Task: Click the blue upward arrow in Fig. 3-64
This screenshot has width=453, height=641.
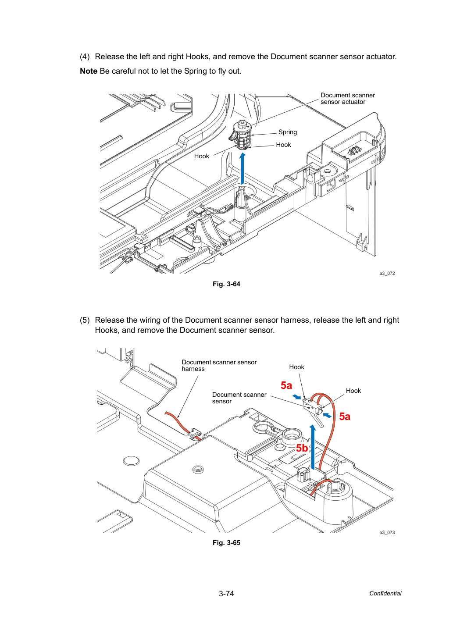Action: [x=243, y=169]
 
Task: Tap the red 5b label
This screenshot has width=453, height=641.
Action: [x=302, y=448]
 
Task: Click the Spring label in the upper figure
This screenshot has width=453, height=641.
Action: [x=288, y=132]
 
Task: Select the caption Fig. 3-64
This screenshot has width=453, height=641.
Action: [x=226, y=284]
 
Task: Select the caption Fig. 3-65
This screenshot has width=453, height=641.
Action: [x=226, y=543]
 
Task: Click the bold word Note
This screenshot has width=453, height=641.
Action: [x=89, y=71]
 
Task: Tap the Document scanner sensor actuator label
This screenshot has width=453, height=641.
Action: [x=347, y=99]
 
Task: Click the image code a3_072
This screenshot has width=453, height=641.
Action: [x=387, y=273]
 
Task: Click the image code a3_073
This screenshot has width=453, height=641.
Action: [x=387, y=532]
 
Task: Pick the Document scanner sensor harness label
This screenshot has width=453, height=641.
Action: [x=219, y=365]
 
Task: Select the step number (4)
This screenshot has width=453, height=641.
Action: [x=85, y=57]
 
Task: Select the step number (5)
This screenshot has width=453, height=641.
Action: [x=85, y=320]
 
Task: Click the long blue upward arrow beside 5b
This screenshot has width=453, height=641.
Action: [x=313, y=447]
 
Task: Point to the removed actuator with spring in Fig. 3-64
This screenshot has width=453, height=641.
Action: [x=241, y=135]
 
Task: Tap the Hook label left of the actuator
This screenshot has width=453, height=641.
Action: [x=201, y=156]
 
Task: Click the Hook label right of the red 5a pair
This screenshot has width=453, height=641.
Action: [x=353, y=391]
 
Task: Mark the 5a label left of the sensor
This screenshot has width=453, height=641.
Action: [x=286, y=385]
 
